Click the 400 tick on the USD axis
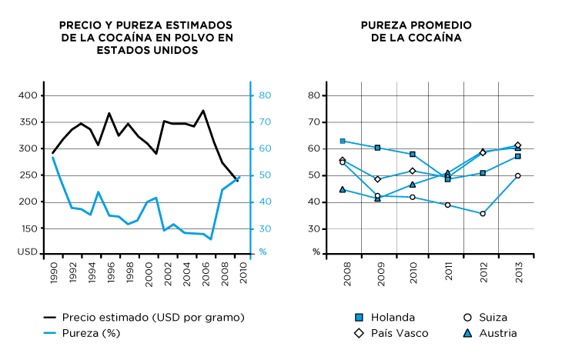pyautogui.click(x=27, y=95)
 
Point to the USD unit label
pyautogui.click(x=27, y=252)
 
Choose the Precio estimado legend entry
pyautogui.click(x=152, y=317)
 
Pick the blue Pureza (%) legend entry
pyautogui.click(x=91, y=333)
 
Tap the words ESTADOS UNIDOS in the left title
pyautogui.click(x=146, y=50)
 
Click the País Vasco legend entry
pyautogui.click(x=399, y=333)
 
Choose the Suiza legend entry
pyautogui.click(x=492, y=317)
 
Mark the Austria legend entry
pyautogui.click(x=496, y=333)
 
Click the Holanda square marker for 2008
pyautogui.click(x=343, y=141)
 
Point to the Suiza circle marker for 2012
pyautogui.click(x=483, y=214)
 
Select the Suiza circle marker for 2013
pyautogui.click(x=517, y=175)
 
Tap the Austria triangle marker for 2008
pyautogui.click(x=343, y=189)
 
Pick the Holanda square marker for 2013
pyautogui.click(x=517, y=156)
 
